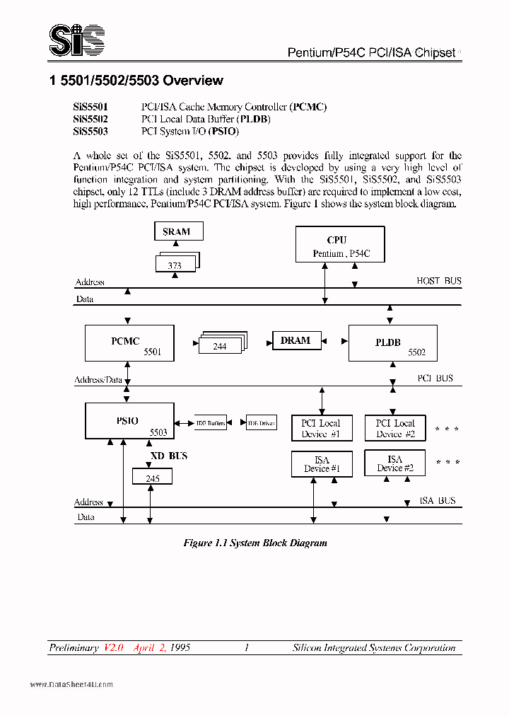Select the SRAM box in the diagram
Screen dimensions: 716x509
click(x=179, y=231)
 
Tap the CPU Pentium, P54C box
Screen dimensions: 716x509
click(x=339, y=246)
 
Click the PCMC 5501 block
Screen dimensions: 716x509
click(x=129, y=344)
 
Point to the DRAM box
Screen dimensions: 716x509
click(x=296, y=341)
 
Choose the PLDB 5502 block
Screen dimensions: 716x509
click(x=393, y=344)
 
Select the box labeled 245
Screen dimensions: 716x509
click(x=152, y=478)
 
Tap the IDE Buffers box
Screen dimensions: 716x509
click(x=211, y=423)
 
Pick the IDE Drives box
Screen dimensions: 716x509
click(x=261, y=423)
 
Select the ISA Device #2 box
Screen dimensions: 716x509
click(x=394, y=463)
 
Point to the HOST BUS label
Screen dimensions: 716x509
click(x=438, y=281)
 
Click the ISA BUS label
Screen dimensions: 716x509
click(x=437, y=500)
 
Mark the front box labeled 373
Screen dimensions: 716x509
click(x=175, y=265)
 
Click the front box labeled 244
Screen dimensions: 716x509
click(x=219, y=346)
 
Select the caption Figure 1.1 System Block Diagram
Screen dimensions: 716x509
click(x=255, y=543)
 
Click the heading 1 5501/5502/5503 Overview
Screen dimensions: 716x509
click(x=136, y=81)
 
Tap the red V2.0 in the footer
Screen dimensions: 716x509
click(x=114, y=647)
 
